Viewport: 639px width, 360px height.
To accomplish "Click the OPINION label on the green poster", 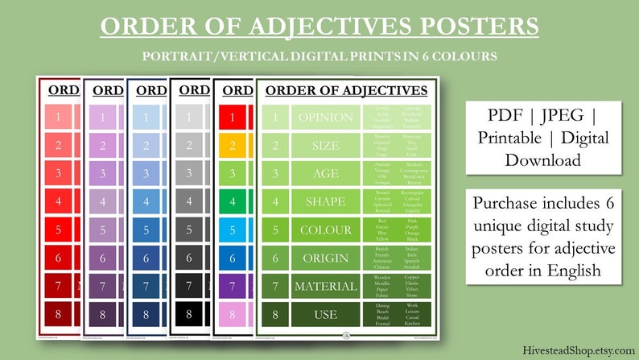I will click(325, 118).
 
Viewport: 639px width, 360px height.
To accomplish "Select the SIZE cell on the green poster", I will click(325, 146).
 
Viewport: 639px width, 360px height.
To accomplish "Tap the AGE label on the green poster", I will click(325, 174).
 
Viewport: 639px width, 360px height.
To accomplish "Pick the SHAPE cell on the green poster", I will click(325, 201).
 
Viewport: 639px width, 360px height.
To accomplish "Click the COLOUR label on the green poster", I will click(325, 230).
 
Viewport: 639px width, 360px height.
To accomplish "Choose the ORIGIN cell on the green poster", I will click(325, 258).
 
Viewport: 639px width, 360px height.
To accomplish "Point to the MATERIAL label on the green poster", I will click(325, 286).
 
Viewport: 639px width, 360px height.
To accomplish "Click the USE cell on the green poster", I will click(325, 314).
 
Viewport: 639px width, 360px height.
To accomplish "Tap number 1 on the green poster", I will click(274, 118).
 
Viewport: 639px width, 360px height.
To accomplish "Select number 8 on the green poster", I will click(274, 314).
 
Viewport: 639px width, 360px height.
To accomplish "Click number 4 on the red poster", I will click(58, 201).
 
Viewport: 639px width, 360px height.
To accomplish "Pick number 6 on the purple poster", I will click(102, 259).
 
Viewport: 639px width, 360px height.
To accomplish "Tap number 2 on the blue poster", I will click(146, 146).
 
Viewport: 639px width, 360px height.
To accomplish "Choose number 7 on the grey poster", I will click(189, 287).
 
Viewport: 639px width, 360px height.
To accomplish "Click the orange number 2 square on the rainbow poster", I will click(233, 146).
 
